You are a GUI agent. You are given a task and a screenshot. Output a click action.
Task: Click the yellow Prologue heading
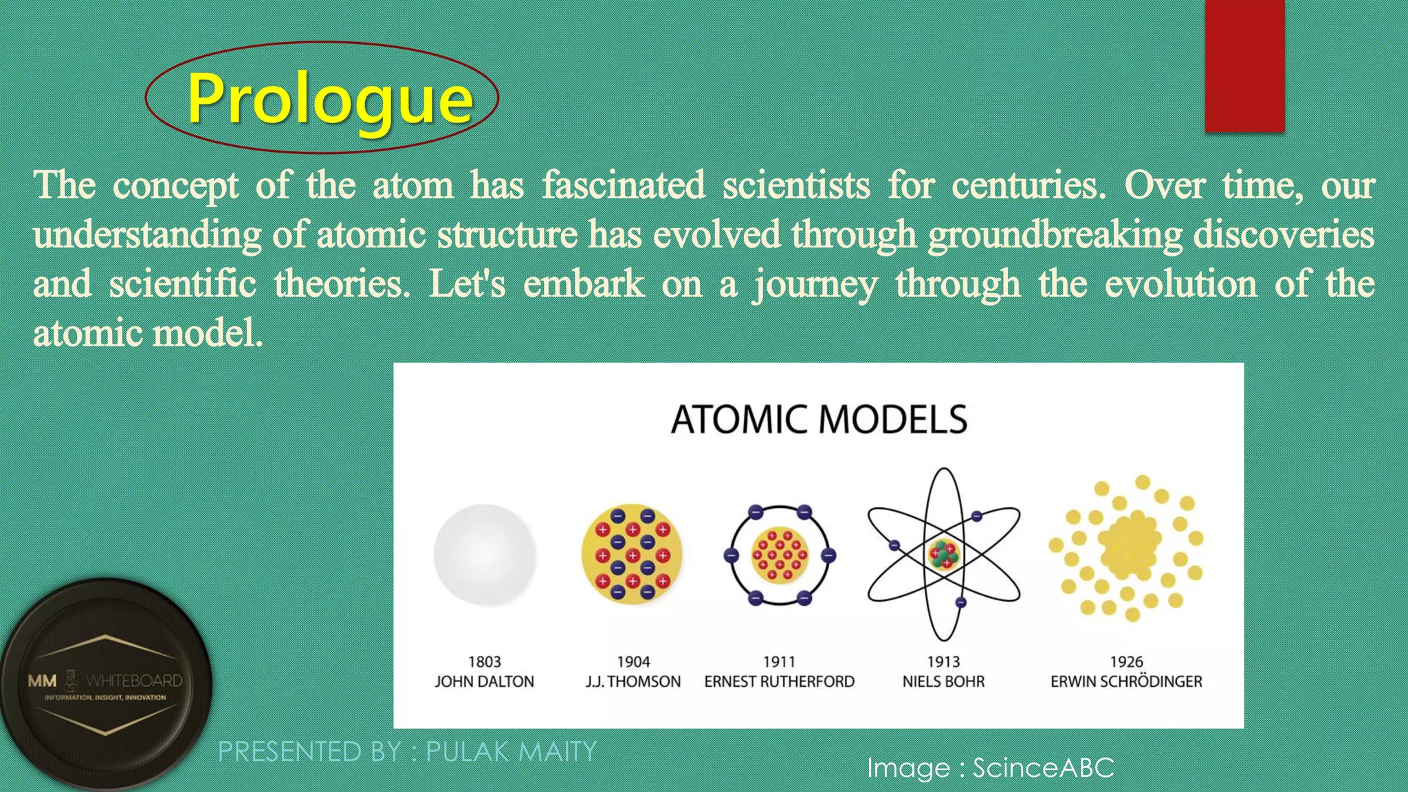pyautogui.click(x=330, y=98)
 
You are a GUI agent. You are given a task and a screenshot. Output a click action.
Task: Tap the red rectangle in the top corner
pyautogui.click(x=1244, y=65)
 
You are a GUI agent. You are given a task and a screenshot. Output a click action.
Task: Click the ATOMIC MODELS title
pyautogui.click(x=819, y=419)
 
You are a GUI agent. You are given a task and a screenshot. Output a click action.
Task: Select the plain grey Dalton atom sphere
pyautogui.click(x=485, y=555)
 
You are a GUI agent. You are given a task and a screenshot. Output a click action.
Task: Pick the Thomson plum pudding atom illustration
pyautogui.click(x=632, y=555)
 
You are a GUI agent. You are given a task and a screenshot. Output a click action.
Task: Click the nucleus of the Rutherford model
pyautogui.click(x=780, y=555)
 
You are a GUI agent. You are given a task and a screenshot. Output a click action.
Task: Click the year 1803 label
pyautogui.click(x=485, y=662)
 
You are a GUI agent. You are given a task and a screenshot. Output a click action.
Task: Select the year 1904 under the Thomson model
pyautogui.click(x=633, y=662)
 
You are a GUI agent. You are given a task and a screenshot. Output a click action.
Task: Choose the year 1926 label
pyautogui.click(x=1126, y=662)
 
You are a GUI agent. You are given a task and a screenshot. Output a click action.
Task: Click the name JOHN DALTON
pyautogui.click(x=485, y=681)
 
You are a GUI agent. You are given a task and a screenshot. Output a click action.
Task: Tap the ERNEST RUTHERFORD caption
pyautogui.click(x=780, y=681)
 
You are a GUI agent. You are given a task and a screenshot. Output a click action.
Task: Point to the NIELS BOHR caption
pyautogui.click(x=943, y=681)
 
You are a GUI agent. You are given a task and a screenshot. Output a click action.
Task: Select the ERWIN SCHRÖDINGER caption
pyautogui.click(x=1126, y=681)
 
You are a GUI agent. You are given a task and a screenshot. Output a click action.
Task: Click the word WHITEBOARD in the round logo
pyautogui.click(x=135, y=681)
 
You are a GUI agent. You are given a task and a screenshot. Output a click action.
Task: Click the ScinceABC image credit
pyautogui.click(x=1043, y=768)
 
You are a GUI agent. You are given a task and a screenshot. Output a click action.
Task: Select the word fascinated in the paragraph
pyautogui.click(x=624, y=185)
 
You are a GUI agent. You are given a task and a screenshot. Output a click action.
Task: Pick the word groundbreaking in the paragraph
pyautogui.click(x=1055, y=234)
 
